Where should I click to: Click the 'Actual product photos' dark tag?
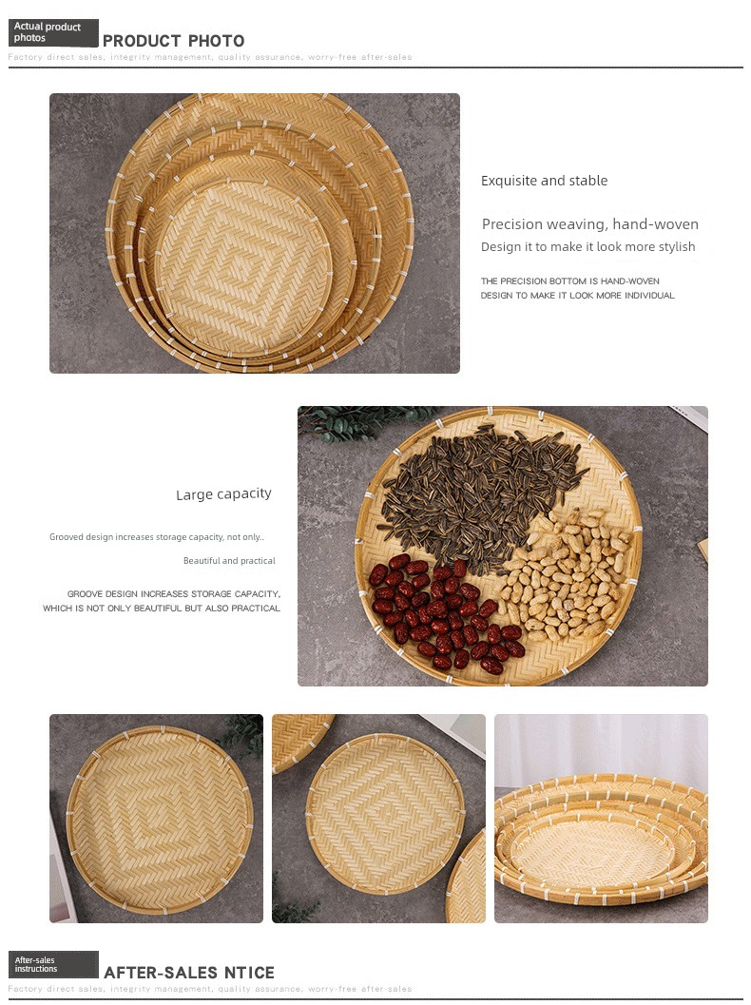(x=53, y=32)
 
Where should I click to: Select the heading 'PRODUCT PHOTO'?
(x=174, y=41)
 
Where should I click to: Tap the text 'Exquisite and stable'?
(x=544, y=181)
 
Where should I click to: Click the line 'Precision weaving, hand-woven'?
(x=590, y=223)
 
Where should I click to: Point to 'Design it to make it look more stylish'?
(x=588, y=247)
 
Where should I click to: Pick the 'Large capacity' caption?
(x=223, y=494)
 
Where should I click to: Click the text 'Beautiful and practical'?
(x=229, y=561)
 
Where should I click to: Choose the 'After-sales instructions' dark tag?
(x=53, y=965)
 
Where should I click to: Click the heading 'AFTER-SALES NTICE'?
(x=189, y=973)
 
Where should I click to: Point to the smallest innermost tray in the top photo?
(x=243, y=268)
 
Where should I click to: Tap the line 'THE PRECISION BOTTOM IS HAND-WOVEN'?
(x=570, y=280)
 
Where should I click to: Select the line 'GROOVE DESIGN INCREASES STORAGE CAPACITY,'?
(x=174, y=594)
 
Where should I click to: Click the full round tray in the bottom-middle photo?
(x=384, y=814)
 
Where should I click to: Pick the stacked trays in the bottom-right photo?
(x=601, y=840)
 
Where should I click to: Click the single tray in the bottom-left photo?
(x=160, y=820)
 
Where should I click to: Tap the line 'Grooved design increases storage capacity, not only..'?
(x=157, y=537)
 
